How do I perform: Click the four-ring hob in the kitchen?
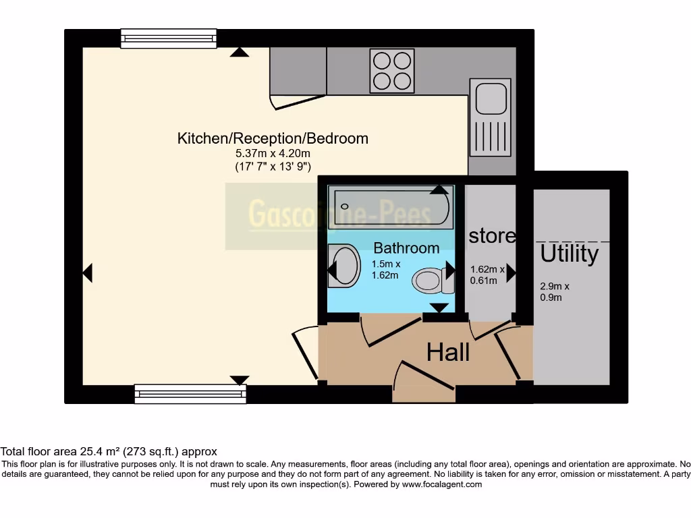click(391, 71)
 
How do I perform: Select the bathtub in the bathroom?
click(391, 207)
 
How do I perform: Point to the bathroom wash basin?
click(345, 264)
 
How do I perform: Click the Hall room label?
click(448, 351)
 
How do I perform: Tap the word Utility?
click(569, 254)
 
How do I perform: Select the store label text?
click(492, 235)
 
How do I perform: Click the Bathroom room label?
click(406, 248)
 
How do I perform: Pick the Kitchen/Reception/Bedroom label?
click(273, 138)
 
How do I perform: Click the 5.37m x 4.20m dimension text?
click(273, 154)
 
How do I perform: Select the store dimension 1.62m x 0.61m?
click(487, 275)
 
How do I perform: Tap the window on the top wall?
click(169, 38)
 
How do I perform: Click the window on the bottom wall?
click(190, 394)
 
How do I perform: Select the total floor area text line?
click(109, 451)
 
